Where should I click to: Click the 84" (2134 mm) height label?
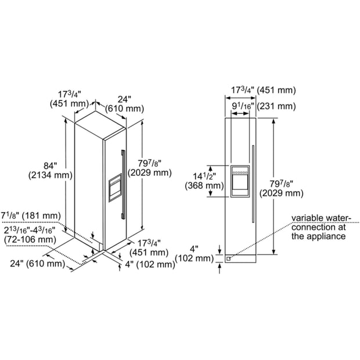[51, 171]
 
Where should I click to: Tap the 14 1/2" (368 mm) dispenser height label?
[204, 181]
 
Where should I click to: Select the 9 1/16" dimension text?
[243, 106]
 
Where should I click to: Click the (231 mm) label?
[276, 106]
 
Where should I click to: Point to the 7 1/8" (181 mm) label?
[31, 216]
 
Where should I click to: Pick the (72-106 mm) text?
[30, 239]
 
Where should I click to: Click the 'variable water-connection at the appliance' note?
[321, 227]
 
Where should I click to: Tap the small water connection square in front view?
[228, 259]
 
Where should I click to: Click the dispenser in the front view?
[240, 181]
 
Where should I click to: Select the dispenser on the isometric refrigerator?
[115, 188]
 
